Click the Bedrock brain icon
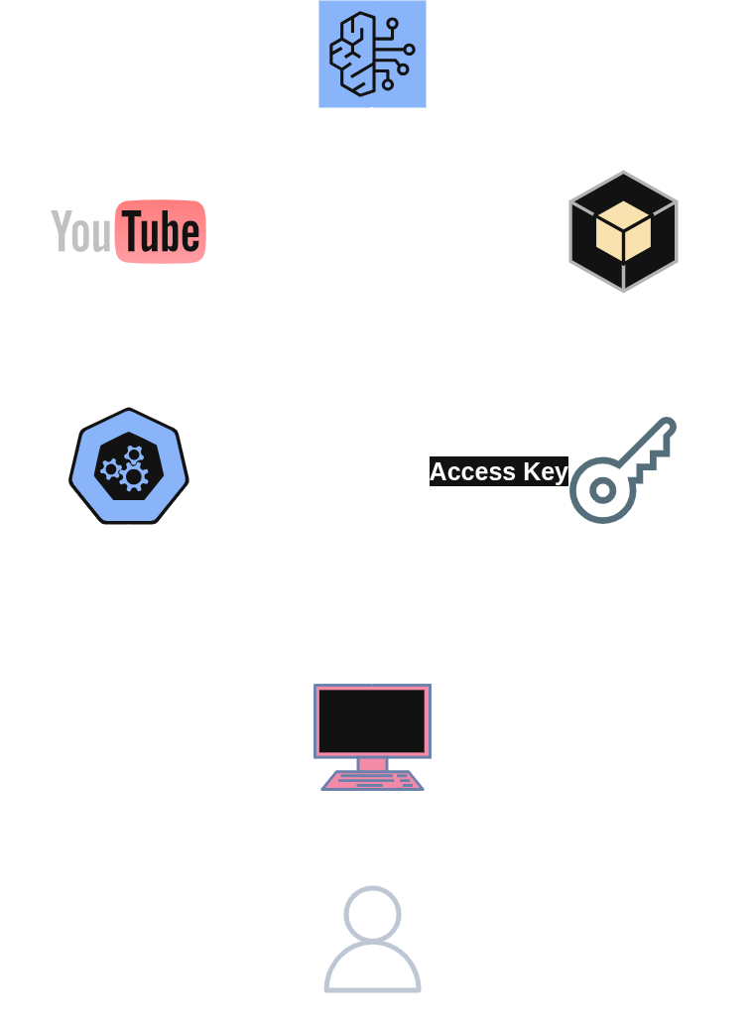(x=372, y=54)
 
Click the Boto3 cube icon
(x=623, y=231)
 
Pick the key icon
(x=621, y=470)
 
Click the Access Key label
(x=498, y=471)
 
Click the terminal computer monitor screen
(x=372, y=720)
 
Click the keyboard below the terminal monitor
(x=372, y=781)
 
